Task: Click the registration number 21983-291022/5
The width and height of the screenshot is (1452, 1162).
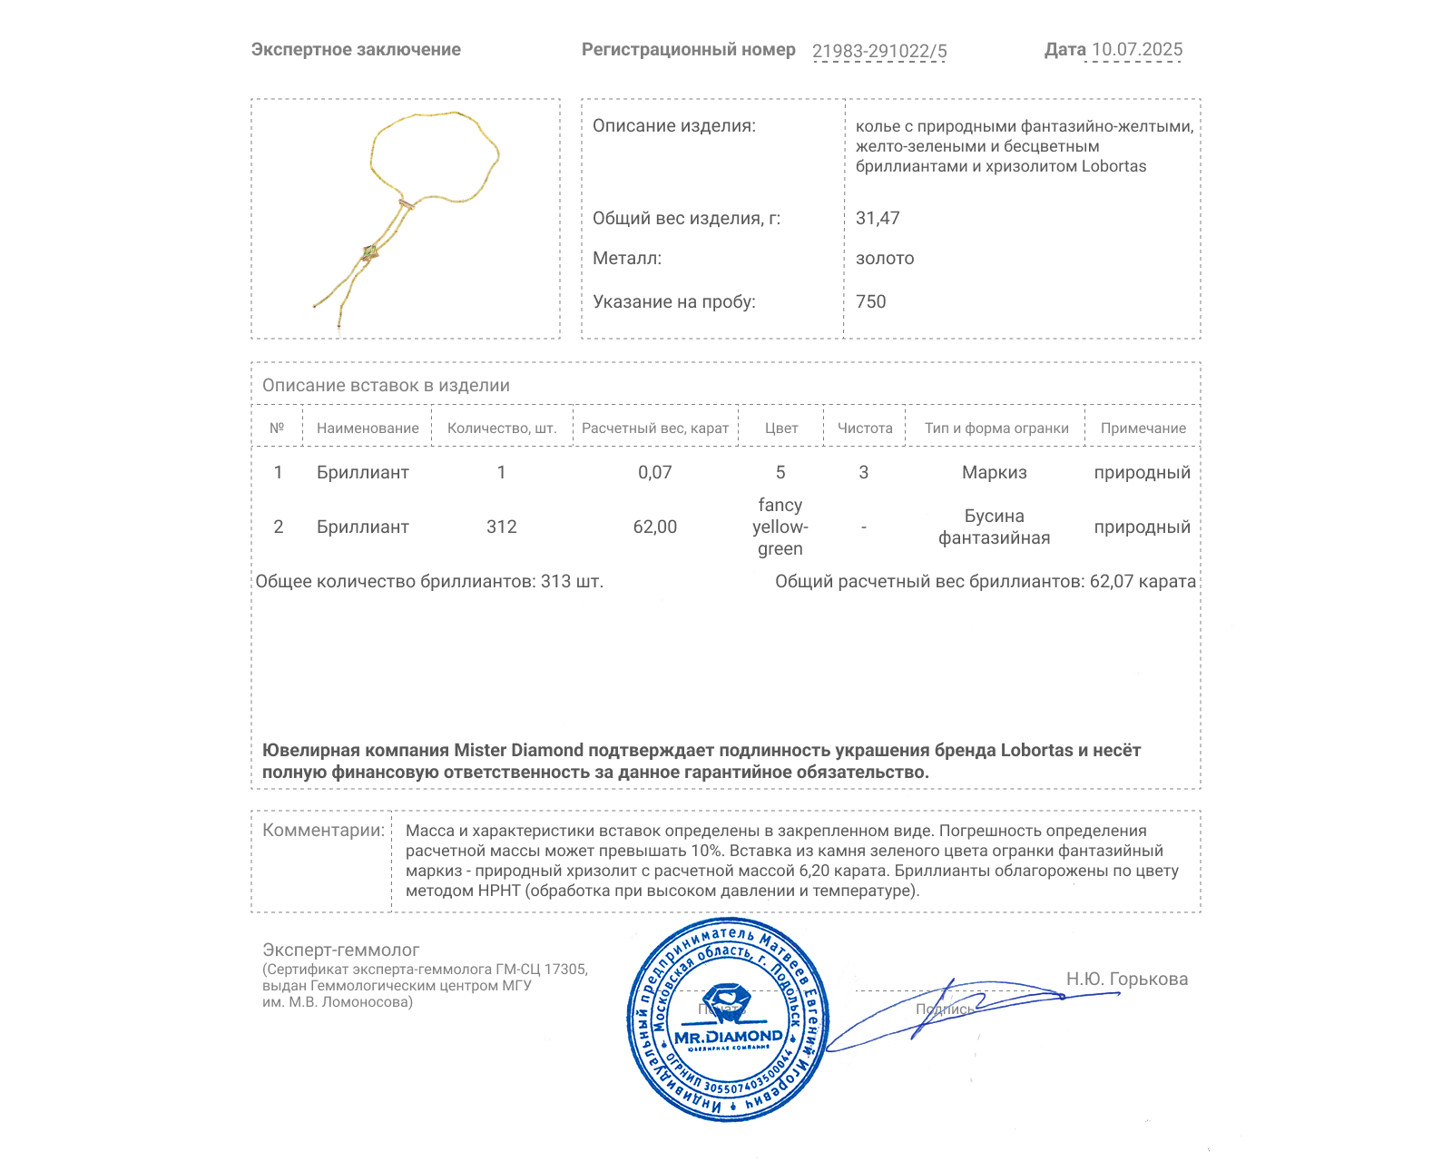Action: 878,51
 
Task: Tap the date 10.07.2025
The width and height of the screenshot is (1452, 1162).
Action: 1136,50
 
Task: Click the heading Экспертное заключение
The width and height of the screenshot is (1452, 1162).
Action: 356,50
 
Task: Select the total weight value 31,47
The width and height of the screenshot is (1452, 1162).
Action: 878,218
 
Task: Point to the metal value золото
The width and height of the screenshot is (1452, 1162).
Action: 885,259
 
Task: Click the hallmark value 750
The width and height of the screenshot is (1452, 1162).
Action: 870,301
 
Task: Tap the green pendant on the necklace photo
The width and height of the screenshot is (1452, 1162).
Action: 369,252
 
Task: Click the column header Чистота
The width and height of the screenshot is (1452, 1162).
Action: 864,428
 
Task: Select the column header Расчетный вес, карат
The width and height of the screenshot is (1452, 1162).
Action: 654,428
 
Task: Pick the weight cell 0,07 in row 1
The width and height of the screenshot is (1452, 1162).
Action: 654,472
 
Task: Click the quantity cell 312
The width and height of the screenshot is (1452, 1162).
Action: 501,527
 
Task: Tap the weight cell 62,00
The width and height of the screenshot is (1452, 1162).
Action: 654,527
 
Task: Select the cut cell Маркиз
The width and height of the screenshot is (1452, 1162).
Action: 994,472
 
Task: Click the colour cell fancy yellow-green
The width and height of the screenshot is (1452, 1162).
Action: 780,527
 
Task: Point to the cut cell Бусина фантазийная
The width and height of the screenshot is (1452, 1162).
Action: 994,527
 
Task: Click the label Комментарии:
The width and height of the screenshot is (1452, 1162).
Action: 323,830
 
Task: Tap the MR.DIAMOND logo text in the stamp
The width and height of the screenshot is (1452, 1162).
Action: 728,1037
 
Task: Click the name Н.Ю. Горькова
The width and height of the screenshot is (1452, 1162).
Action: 1126,979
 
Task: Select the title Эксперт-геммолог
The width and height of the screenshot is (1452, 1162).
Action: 340,950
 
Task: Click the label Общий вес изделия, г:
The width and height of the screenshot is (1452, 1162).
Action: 686,218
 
